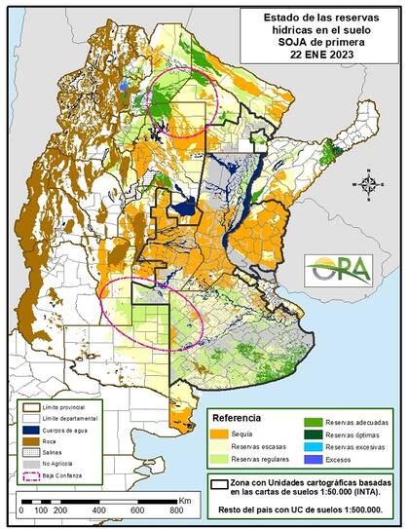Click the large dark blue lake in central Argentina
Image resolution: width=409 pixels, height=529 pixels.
184,207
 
